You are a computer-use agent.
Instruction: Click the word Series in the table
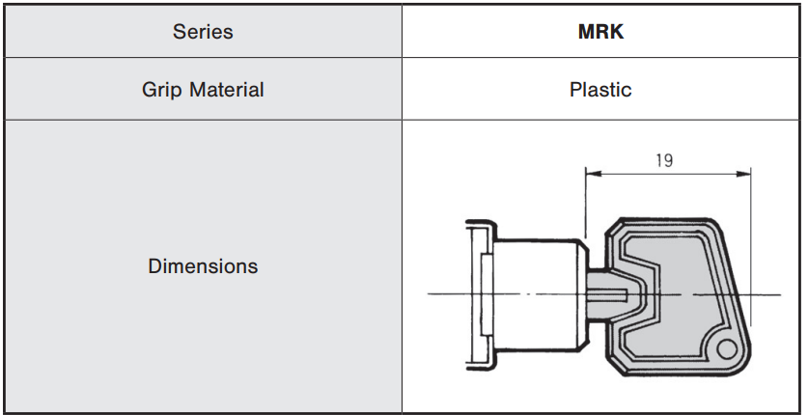pyautogui.click(x=203, y=31)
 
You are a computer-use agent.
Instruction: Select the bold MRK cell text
pyautogui.click(x=599, y=31)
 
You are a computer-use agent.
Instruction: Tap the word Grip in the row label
pyautogui.click(x=163, y=90)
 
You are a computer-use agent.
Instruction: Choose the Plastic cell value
pyautogui.click(x=599, y=90)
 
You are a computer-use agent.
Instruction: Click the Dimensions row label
pyautogui.click(x=203, y=266)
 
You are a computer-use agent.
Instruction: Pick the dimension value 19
pyautogui.click(x=664, y=160)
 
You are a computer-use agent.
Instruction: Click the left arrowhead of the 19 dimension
pyautogui.click(x=591, y=175)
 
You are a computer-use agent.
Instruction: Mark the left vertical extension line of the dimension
pyautogui.click(x=585, y=203)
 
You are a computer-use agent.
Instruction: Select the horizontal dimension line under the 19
pyautogui.click(x=666, y=175)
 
